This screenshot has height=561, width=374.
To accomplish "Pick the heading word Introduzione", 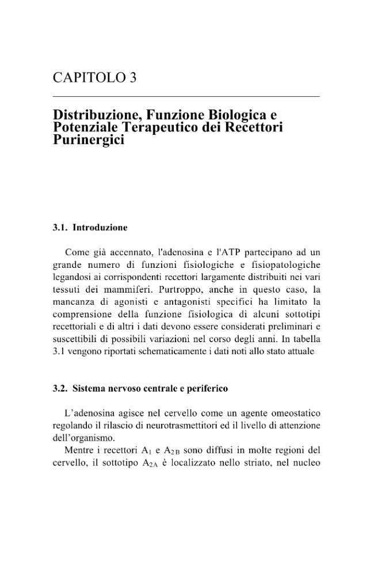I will coord(100,228).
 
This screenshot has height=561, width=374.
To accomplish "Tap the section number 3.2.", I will coord(60,388).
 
